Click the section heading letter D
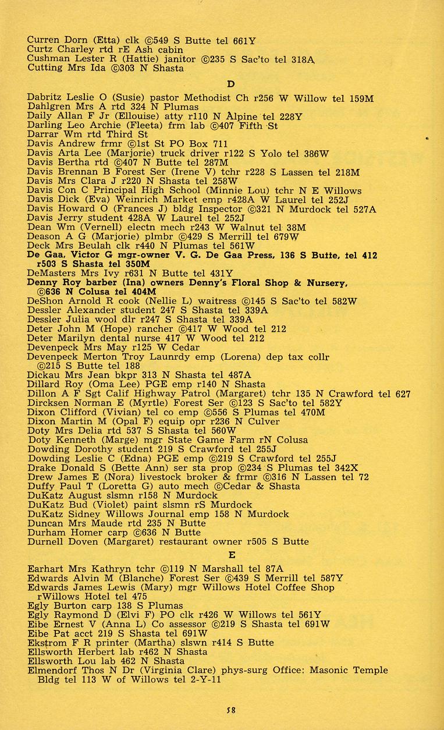tap(230, 84)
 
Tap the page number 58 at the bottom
tap(230, 710)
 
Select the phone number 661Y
tap(244, 41)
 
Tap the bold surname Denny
tap(43, 282)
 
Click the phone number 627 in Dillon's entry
tap(403, 394)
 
